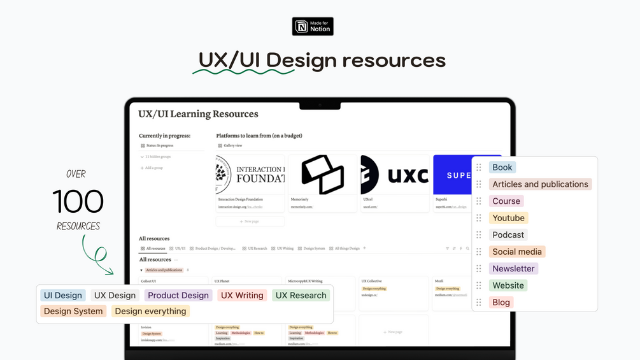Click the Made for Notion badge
pyautogui.click(x=313, y=26)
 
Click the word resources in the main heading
pyautogui.click(x=394, y=61)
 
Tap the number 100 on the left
pyautogui.click(x=78, y=202)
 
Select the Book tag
pyautogui.click(x=502, y=168)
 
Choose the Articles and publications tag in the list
pyautogui.click(x=540, y=184)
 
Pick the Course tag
pyautogui.click(x=506, y=201)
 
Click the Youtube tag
pyautogui.click(x=508, y=218)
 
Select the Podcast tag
pyautogui.click(x=508, y=234)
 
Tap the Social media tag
pyautogui.click(x=517, y=252)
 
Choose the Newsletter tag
pyautogui.click(x=513, y=268)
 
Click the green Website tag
pyautogui.click(x=508, y=285)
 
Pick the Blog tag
pyautogui.click(x=501, y=302)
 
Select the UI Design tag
pyautogui.click(x=63, y=295)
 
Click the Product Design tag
pyautogui.click(x=178, y=295)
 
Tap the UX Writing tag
pyautogui.click(x=241, y=295)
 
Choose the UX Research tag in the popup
pyautogui.click(x=301, y=295)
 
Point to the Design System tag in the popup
pyautogui.click(x=73, y=311)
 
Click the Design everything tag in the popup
pyautogui.click(x=150, y=311)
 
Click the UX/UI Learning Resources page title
pyautogui.click(x=198, y=114)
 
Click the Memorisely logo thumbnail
pyautogui.click(x=322, y=175)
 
